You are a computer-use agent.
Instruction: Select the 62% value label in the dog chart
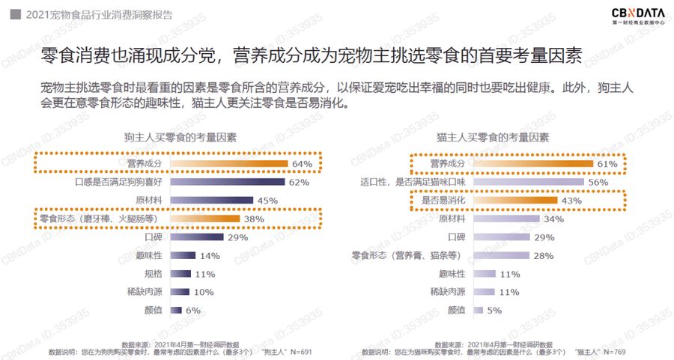[x=299, y=182]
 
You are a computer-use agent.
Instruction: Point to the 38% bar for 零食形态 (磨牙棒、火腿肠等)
[x=205, y=219]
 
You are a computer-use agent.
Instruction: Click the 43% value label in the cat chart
[x=571, y=201]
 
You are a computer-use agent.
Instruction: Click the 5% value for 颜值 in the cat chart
[x=494, y=311]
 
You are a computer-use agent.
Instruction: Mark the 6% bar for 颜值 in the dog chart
[x=176, y=310]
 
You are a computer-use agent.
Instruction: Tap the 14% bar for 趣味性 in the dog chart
[x=183, y=255]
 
